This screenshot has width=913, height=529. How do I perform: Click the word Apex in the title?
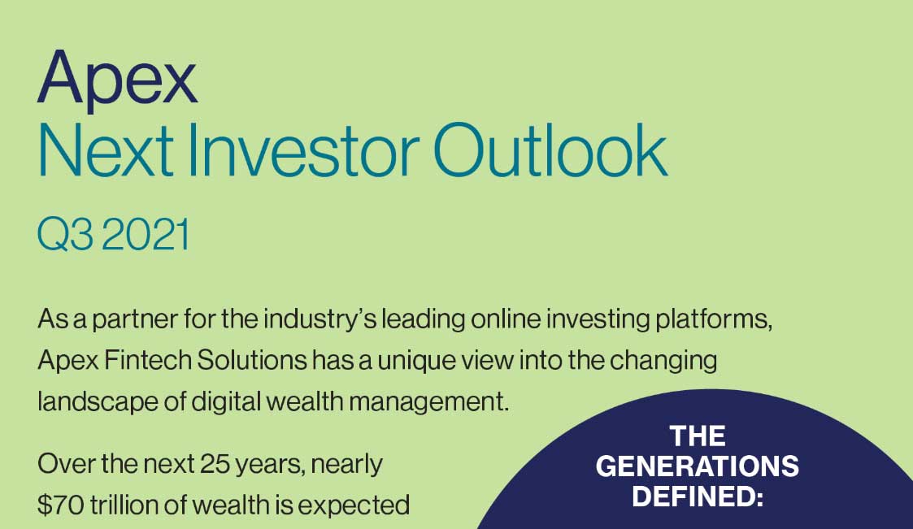click(x=117, y=79)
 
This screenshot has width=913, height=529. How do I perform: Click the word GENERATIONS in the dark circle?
click(x=697, y=466)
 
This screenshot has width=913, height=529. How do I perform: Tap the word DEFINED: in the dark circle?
click(x=698, y=495)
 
